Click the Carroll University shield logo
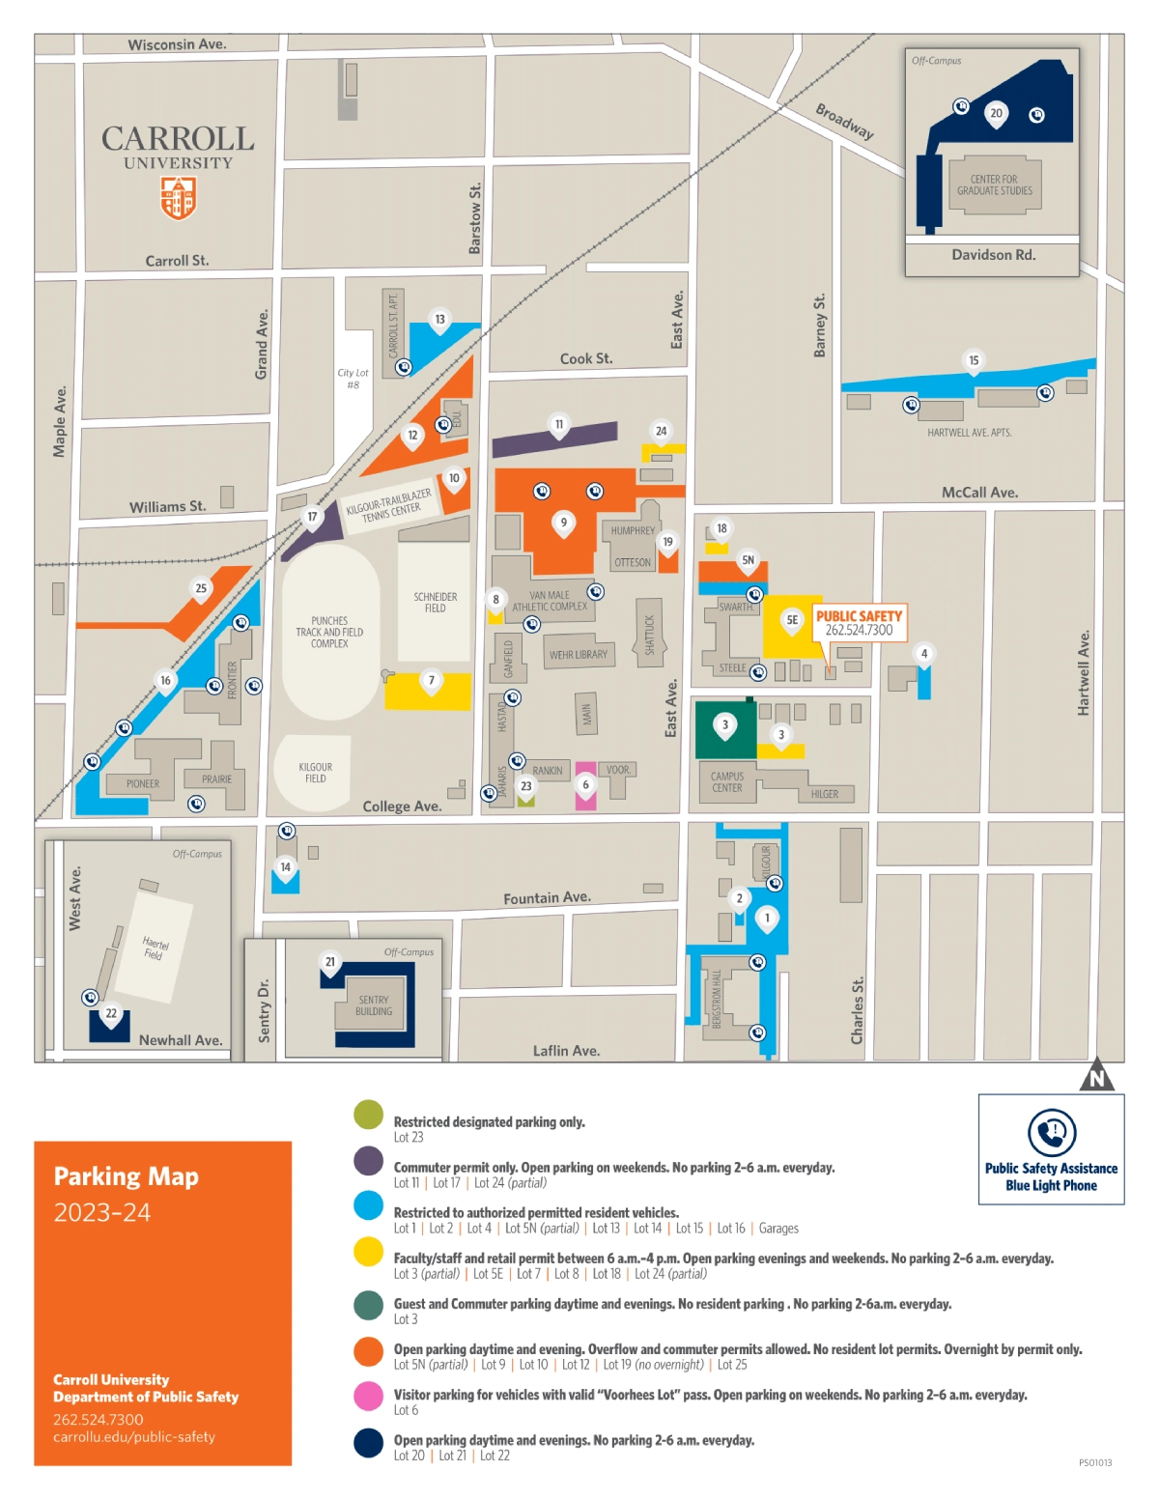[x=178, y=198]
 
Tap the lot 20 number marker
[x=997, y=114]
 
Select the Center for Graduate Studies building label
[x=994, y=185]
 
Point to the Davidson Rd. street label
[x=993, y=255]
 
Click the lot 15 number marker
[x=974, y=361]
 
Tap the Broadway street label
[x=844, y=122]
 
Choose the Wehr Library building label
[x=579, y=655]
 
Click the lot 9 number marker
[x=564, y=524]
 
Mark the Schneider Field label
[x=436, y=603]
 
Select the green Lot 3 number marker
[x=725, y=725]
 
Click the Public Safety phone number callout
[x=859, y=623]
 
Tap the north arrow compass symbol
[x=1096, y=1076]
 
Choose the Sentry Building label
[x=374, y=1005]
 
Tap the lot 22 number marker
[x=111, y=1014]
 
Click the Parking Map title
[x=127, y=1176]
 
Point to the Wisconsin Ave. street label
[x=177, y=44]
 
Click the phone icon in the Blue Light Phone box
[x=1052, y=1132]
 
